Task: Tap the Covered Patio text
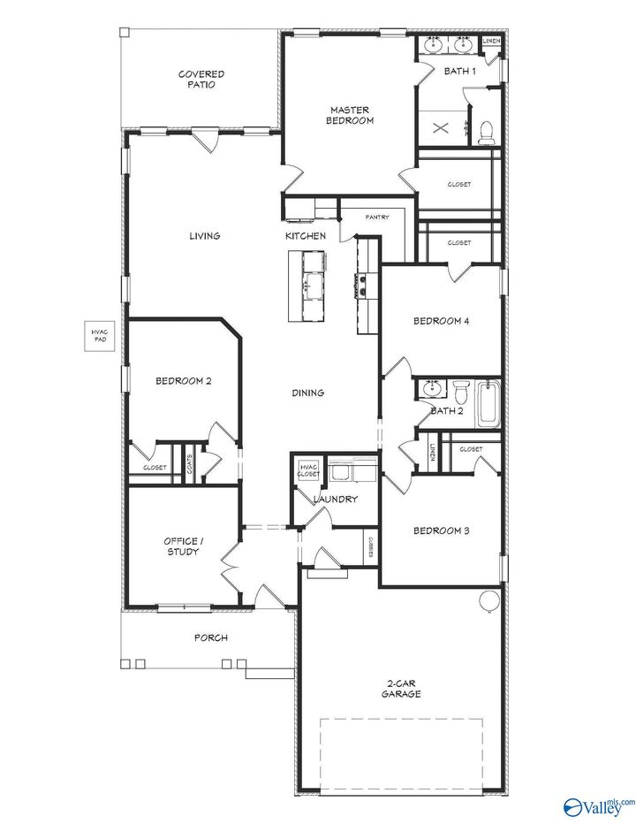[201, 80]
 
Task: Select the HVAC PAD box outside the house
[99, 336]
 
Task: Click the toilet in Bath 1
[484, 133]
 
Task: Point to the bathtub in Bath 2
[488, 405]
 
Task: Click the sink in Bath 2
[432, 388]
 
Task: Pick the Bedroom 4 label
[441, 322]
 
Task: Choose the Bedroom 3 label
[441, 530]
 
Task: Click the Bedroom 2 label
[183, 381]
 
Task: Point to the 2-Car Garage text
[402, 689]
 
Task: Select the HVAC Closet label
[308, 470]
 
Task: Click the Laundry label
[336, 500]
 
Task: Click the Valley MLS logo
[598, 805]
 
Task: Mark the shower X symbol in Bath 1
[440, 126]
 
